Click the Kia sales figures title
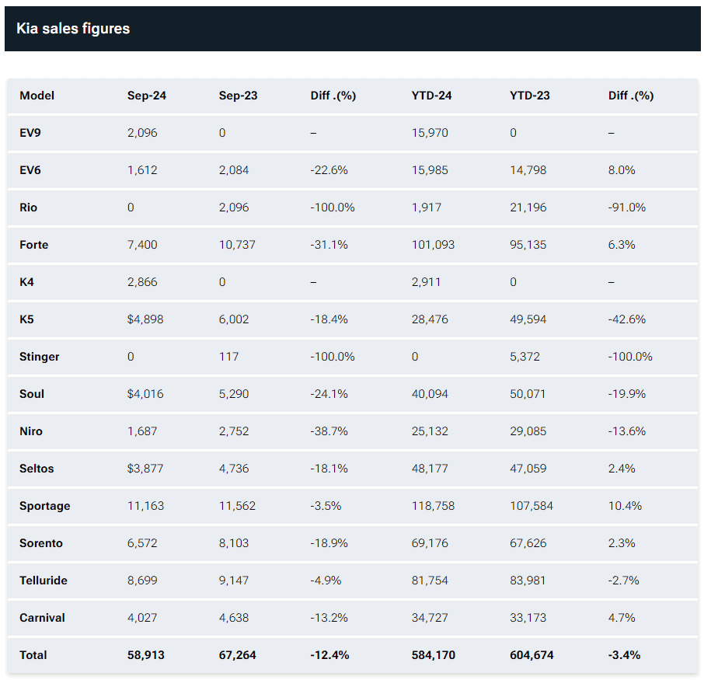pos(73,29)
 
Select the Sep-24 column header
pos(147,96)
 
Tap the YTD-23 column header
pos(529,96)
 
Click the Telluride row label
pos(44,581)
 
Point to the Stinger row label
pos(40,357)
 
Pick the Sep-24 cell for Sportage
pos(145,506)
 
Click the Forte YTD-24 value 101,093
pos(433,245)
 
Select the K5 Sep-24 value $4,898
pos(145,319)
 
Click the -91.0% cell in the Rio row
pos(627,207)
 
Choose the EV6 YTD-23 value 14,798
pos(528,170)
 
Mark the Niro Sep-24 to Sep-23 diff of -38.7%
pos(329,431)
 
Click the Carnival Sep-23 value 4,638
pos(234,618)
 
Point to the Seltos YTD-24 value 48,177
pos(430,469)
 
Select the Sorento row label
pos(41,543)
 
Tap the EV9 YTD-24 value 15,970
pos(430,133)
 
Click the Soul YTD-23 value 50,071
pos(528,394)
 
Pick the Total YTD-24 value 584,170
pos(434,655)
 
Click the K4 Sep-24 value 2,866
pos(142,282)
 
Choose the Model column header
pos(37,96)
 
